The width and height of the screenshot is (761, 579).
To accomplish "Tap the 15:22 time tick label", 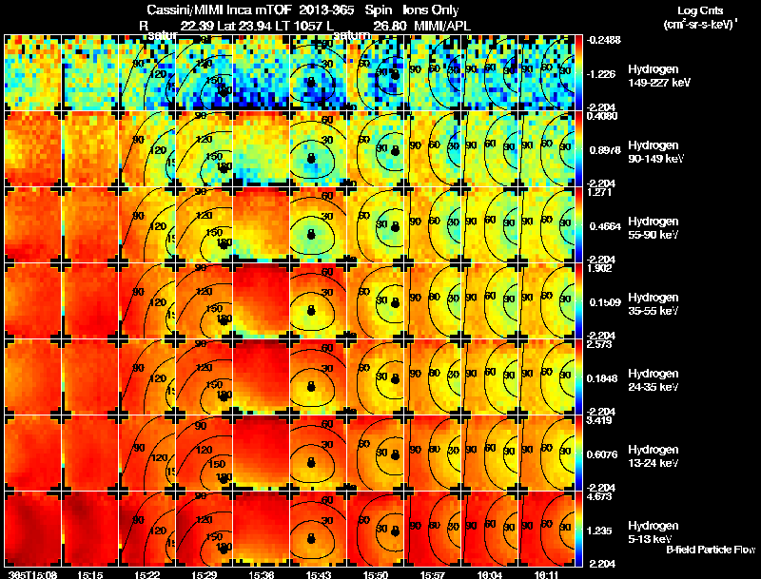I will pos(147,574).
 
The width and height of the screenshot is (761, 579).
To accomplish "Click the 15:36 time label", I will pos(263,574).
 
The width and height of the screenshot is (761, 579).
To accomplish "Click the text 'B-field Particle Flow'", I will pos(711,550).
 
